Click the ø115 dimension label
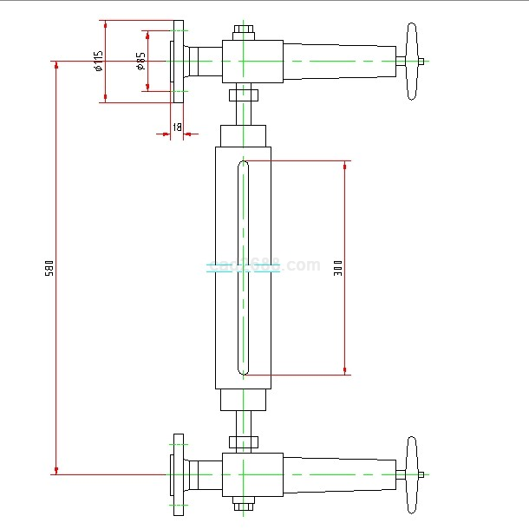pyautogui.click(x=99, y=61)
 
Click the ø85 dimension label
pyautogui.click(x=140, y=61)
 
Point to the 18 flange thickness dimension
pyautogui.click(x=176, y=127)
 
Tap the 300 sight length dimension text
pyautogui.click(x=338, y=267)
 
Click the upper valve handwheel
pyautogui.click(x=412, y=62)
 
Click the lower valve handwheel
pyautogui.click(x=412, y=474)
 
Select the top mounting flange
pyautogui.click(x=178, y=62)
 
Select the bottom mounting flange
pyautogui.click(x=178, y=474)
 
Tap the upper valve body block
pyautogui.click(x=251, y=62)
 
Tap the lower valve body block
pyautogui.click(x=251, y=474)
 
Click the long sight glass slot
pyautogui.click(x=244, y=267)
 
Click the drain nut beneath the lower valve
pyautogui.click(x=244, y=505)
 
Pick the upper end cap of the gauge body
pyautogui.click(x=244, y=136)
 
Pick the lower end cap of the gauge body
pyautogui.click(x=244, y=400)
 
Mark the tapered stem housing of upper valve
pyautogui.click(x=338, y=62)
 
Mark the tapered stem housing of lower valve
pyautogui.click(x=338, y=474)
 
